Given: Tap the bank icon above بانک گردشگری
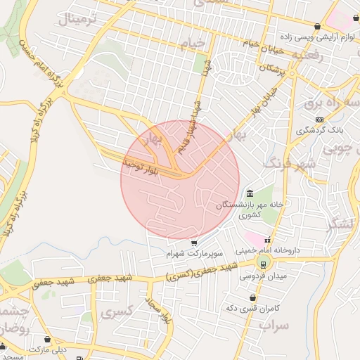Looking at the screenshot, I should (x=320, y=120).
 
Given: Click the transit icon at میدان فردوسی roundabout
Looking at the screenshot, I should (x=263, y=264).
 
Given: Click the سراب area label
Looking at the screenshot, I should (x=274, y=326).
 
